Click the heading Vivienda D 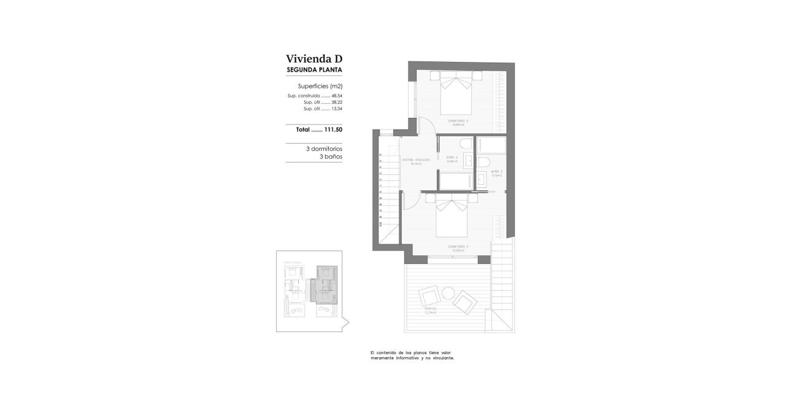tap(313, 59)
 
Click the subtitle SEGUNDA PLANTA tap(313, 71)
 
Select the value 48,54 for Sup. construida tap(336, 96)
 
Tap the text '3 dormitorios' tap(324, 149)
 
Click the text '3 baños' tap(331, 157)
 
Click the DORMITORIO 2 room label tap(458, 122)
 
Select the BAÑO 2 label tap(452, 159)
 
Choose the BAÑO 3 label tap(496, 172)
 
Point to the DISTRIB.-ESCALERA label tap(416, 161)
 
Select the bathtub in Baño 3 tap(491, 145)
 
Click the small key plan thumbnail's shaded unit tap(326, 285)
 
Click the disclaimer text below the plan tap(412, 355)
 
